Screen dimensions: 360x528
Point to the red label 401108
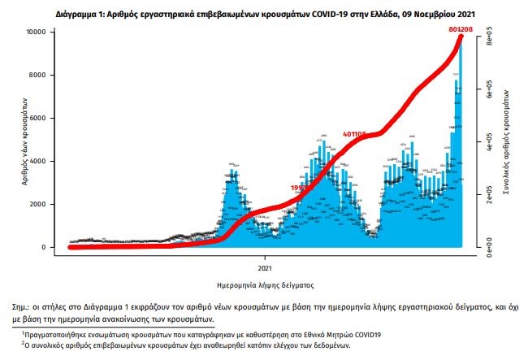(x=356, y=133)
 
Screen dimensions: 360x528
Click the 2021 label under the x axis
(x=266, y=267)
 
